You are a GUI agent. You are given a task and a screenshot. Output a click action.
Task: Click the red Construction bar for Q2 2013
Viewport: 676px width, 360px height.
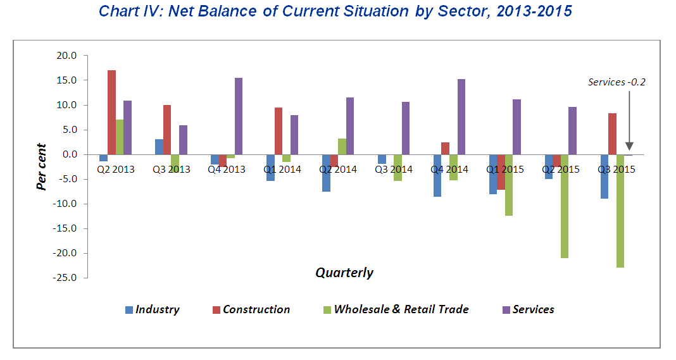(111, 112)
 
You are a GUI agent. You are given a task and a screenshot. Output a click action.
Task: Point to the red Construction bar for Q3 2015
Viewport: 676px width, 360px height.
(612, 133)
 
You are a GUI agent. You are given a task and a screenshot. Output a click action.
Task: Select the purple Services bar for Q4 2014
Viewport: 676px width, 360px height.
(461, 116)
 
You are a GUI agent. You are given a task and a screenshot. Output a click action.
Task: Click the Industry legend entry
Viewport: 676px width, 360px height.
(152, 309)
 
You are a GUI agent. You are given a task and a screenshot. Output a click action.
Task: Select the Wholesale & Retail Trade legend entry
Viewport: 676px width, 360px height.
(396, 309)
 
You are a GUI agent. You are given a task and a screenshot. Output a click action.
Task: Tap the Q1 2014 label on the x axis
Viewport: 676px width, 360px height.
(282, 170)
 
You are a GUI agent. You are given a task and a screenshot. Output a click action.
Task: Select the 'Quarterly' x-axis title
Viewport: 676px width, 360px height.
(344, 273)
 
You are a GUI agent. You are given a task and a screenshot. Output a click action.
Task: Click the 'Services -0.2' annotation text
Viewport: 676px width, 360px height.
(616, 82)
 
